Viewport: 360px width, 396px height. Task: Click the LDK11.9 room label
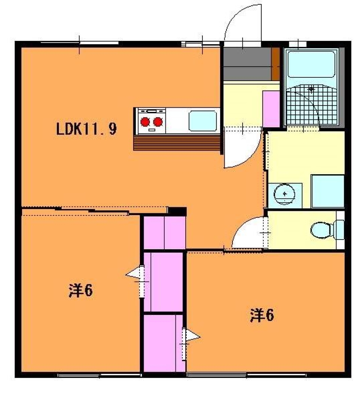pyautogui.click(x=86, y=129)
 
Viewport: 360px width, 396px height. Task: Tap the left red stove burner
pyautogui.click(x=145, y=122)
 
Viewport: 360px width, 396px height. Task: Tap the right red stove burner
pyautogui.click(x=157, y=122)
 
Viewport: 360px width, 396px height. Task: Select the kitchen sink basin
pyautogui.click(x=203, y=121)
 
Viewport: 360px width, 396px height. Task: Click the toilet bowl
pyautogui.click(x=321, y=230)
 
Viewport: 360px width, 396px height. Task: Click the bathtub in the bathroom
pyautogui.click(x=312, y=65)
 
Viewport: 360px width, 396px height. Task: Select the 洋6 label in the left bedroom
pyautogui.click(x=81, y=291)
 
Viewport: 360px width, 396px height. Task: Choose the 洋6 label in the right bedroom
pyautogui.click(x=262, y=315)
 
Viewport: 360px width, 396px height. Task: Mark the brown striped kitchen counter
pyautogui.click(x=177, y=143)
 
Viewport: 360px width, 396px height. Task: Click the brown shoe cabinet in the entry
pyautogui.click(x=276, y=64)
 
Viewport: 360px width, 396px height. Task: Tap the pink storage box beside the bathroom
pyautogui.click(x=271, y=109)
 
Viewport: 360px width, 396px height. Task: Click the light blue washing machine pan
pyautogui.click(x=328, y=191)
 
